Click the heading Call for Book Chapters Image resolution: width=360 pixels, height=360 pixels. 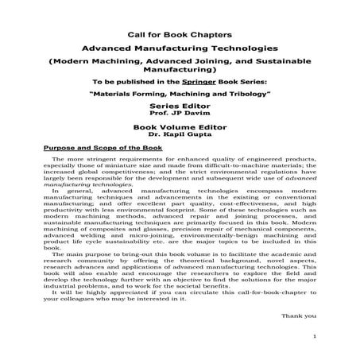pos(180,35)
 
